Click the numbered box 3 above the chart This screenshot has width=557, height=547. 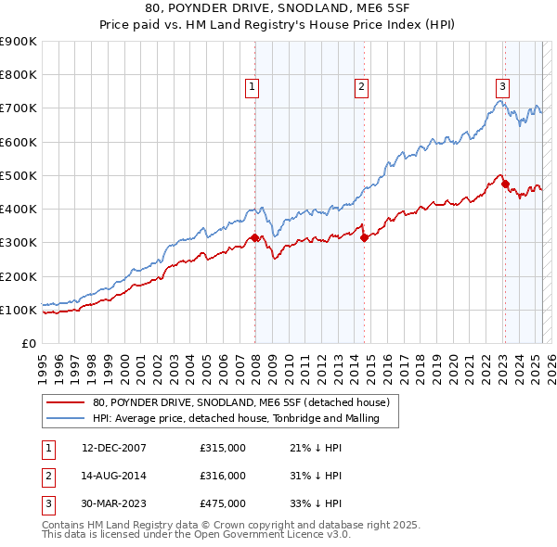click(x=502, y=87)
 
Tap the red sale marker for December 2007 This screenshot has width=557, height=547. click(x=255, y=238)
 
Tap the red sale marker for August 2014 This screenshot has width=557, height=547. click(x=365, y=238)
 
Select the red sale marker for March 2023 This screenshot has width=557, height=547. click(x=506, y=184)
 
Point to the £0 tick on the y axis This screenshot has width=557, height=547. click(x=28, y=343)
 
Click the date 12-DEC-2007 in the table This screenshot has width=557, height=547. click(x=114, y=448)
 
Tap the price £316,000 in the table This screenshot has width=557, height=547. click(x=223, y=476)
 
